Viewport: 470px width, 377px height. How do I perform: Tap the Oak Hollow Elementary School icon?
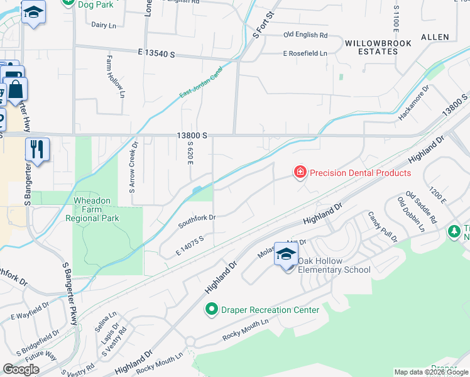point(286,255)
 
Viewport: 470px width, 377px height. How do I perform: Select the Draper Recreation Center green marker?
point(212,310)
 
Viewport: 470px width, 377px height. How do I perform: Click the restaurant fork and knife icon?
point(37,150)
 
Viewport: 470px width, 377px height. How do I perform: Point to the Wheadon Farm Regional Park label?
point(92,210)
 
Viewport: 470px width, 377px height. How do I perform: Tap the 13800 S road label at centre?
point(192,136)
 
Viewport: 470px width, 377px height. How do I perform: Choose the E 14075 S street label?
point(191,243)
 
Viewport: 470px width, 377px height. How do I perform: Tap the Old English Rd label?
point(305,35)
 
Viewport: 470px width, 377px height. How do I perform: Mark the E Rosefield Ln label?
point(305,53)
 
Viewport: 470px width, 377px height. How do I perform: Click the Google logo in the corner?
point(21,369)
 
